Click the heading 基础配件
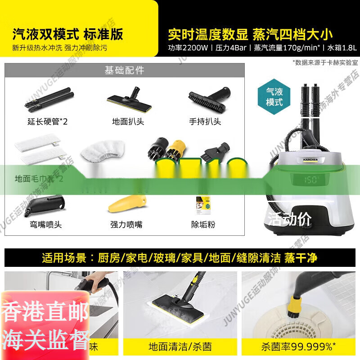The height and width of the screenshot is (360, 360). pos(124,71)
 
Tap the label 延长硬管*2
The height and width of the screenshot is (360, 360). pos(47,121)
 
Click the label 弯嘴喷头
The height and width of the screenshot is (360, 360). pos(45,225)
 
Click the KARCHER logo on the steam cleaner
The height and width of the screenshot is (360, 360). pos(307,159)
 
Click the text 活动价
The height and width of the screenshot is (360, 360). pos(290,219)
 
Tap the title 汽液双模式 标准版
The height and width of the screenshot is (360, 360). pos(67,34)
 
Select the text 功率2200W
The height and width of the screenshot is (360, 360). pos(188,47)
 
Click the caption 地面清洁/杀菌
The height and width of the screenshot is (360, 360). pos(180,347)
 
